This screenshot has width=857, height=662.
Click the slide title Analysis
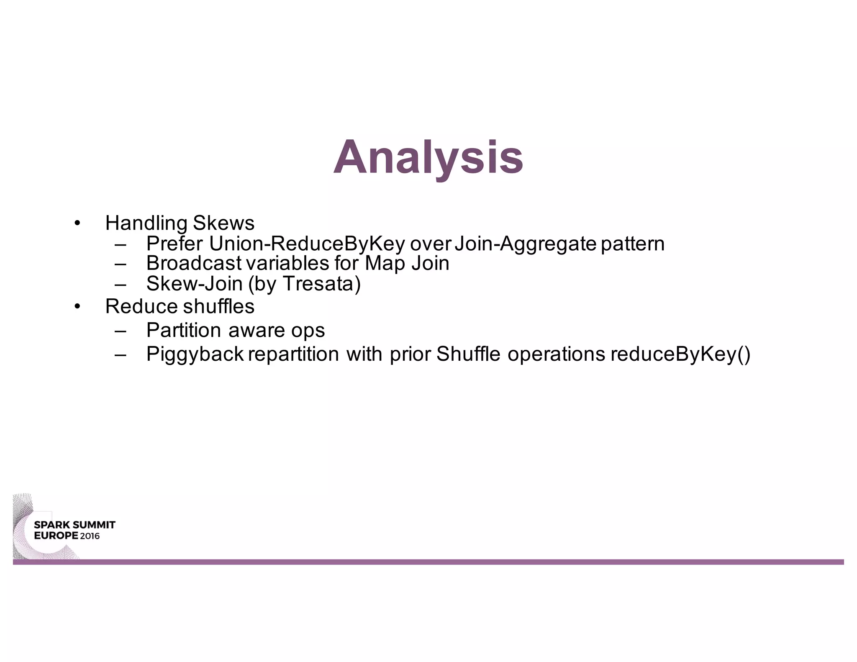(428, 158)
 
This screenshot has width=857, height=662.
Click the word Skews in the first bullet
(223, 223)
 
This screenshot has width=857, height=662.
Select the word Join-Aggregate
(525, 244)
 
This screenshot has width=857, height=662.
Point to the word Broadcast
(194, 263)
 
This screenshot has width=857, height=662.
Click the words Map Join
(407, 263)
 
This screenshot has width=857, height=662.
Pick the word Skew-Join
(194, 284)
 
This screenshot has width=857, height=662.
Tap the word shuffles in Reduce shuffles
(218, 306)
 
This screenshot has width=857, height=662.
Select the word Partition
(184, 330)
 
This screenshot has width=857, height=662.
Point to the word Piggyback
(195, 354)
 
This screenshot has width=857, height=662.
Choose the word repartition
(293, 354)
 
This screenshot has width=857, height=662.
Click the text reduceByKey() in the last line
(680, 354)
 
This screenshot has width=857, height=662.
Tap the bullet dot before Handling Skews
(77, 223)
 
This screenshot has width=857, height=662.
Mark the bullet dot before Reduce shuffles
(77, 307)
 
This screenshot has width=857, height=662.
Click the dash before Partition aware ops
(120, 331)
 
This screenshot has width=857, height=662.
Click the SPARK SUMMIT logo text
(74, 525)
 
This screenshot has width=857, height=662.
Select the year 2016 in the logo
(90, 536)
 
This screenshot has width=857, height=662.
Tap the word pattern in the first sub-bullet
(633, 244)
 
